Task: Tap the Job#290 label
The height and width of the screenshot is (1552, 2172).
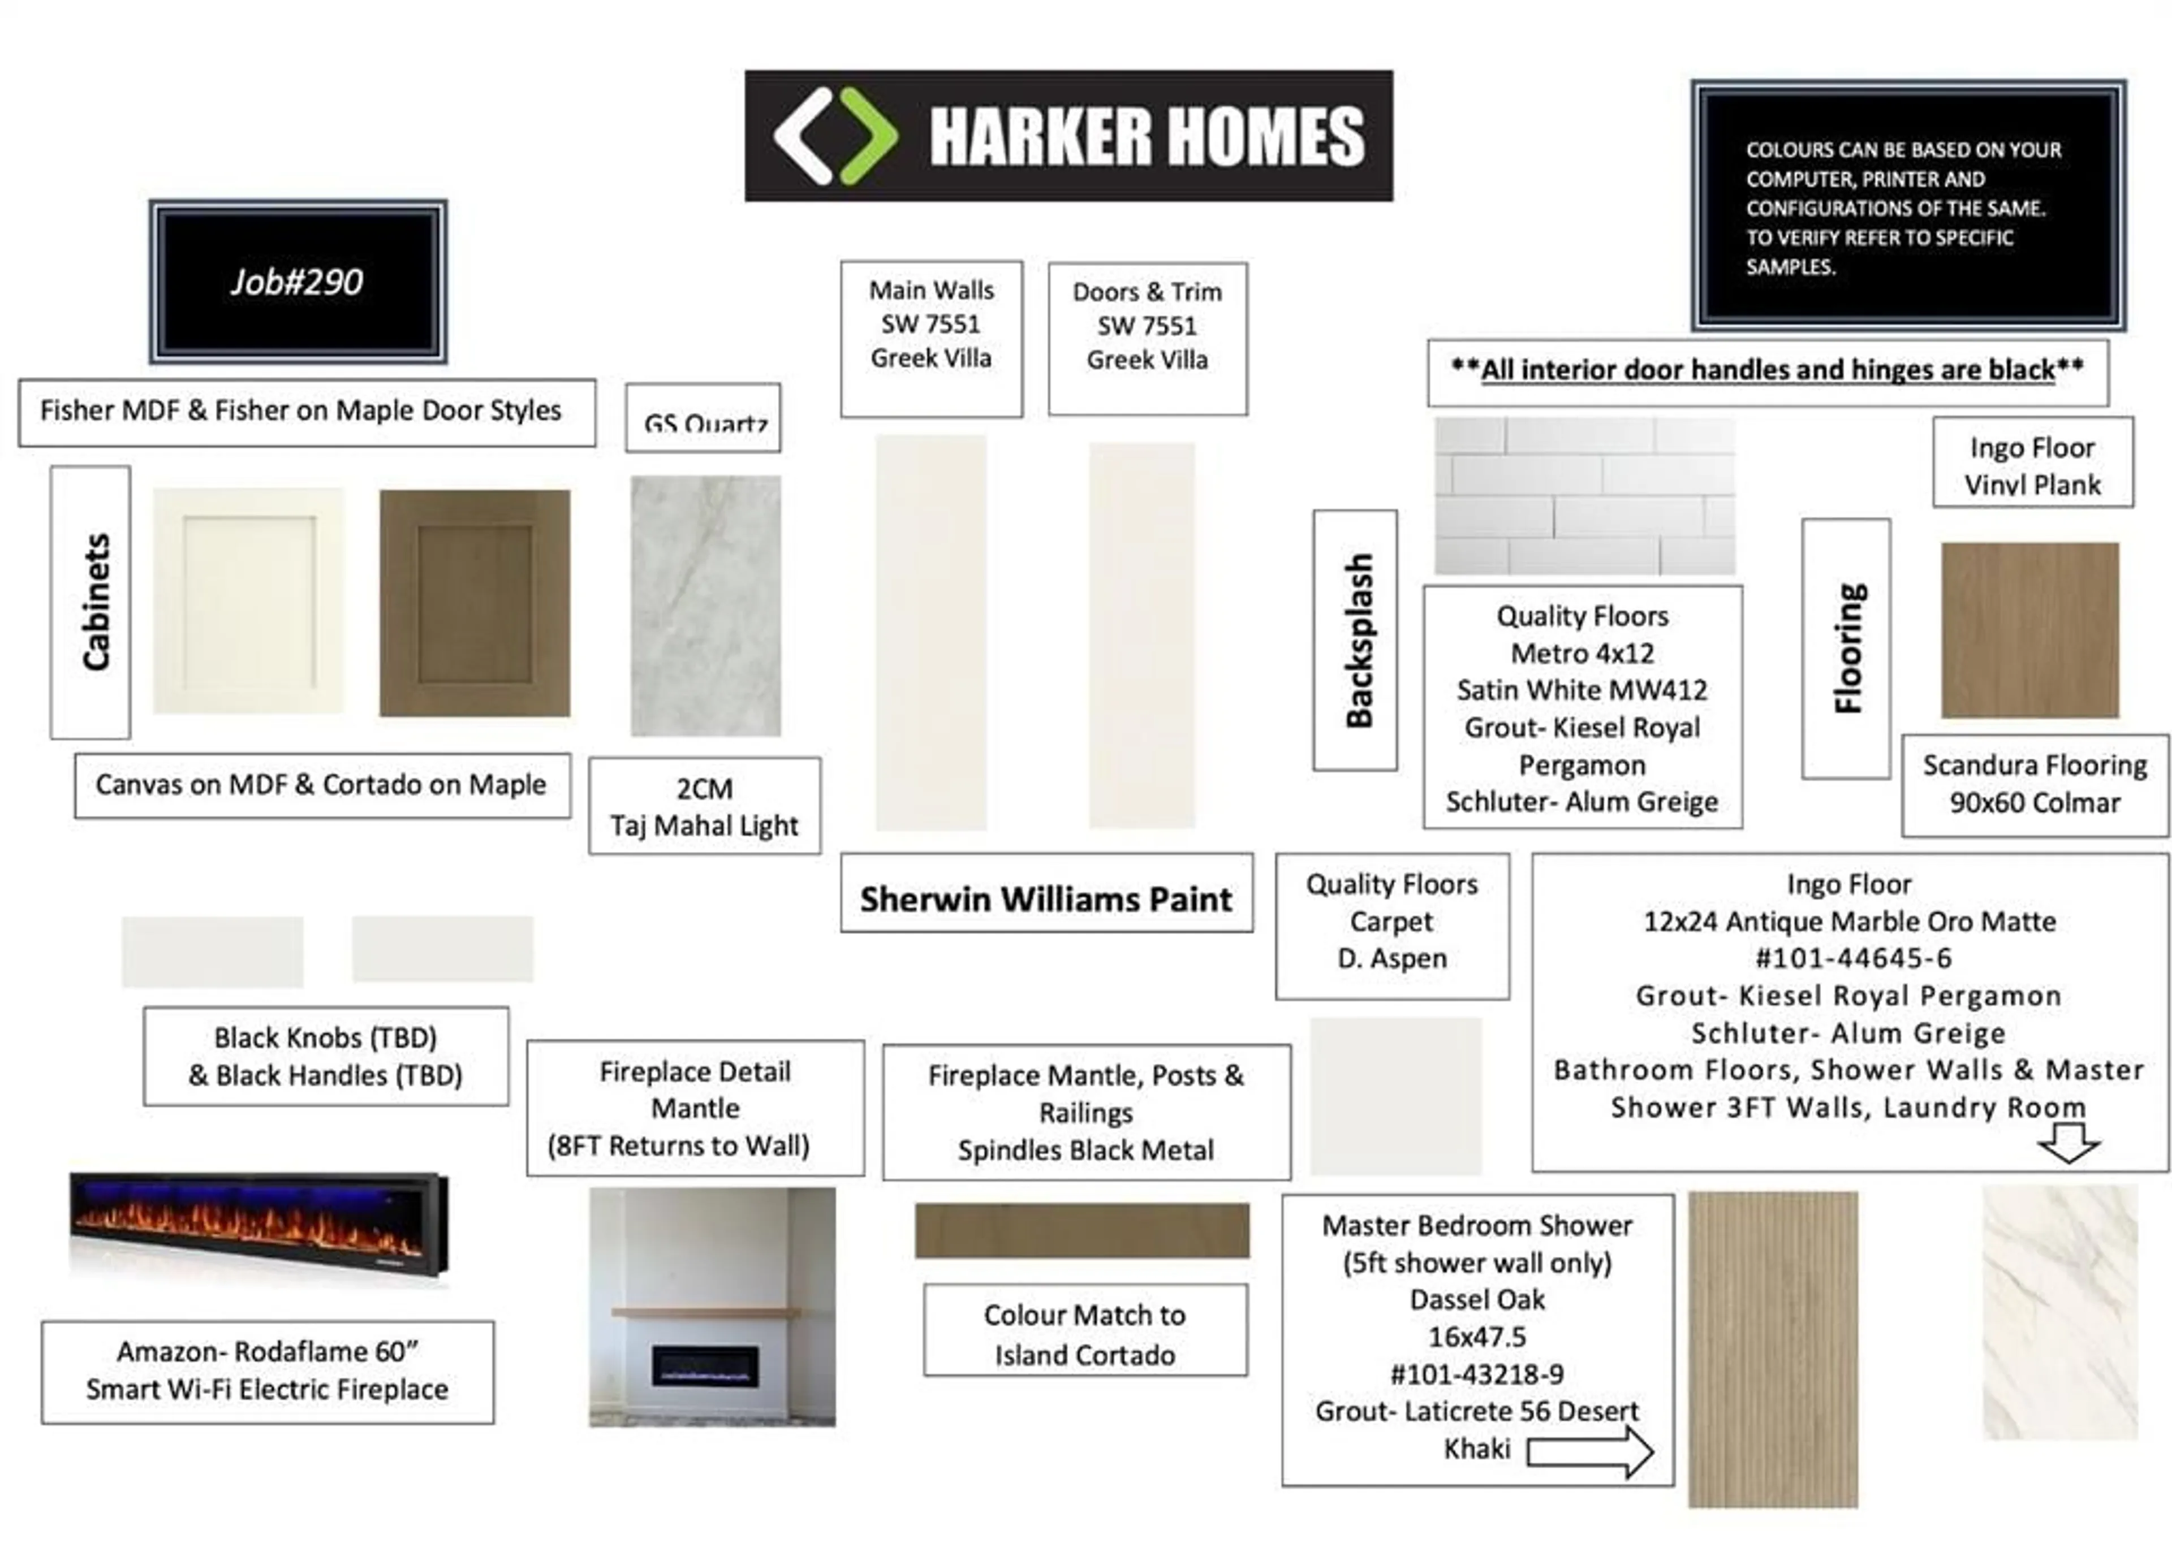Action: tap(296, 282)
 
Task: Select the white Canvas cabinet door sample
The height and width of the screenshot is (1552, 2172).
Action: tap(248, 601)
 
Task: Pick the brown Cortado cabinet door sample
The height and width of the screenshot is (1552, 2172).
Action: tap(475, 603)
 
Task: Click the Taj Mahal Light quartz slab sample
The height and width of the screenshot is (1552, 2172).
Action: tap(705, 606)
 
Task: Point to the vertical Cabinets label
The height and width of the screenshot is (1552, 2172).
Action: tap(96, 602)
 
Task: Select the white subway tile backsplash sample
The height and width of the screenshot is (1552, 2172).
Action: tap(1584, 496)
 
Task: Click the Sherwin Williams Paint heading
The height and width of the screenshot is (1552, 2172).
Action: tap(1046, 900)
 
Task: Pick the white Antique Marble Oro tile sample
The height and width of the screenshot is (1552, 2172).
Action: tap(2060, 1312)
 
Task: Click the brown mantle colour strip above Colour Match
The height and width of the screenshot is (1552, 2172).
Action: tap(1082, 1231)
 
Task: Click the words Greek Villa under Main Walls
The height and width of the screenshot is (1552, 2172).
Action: tap(931, 358)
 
